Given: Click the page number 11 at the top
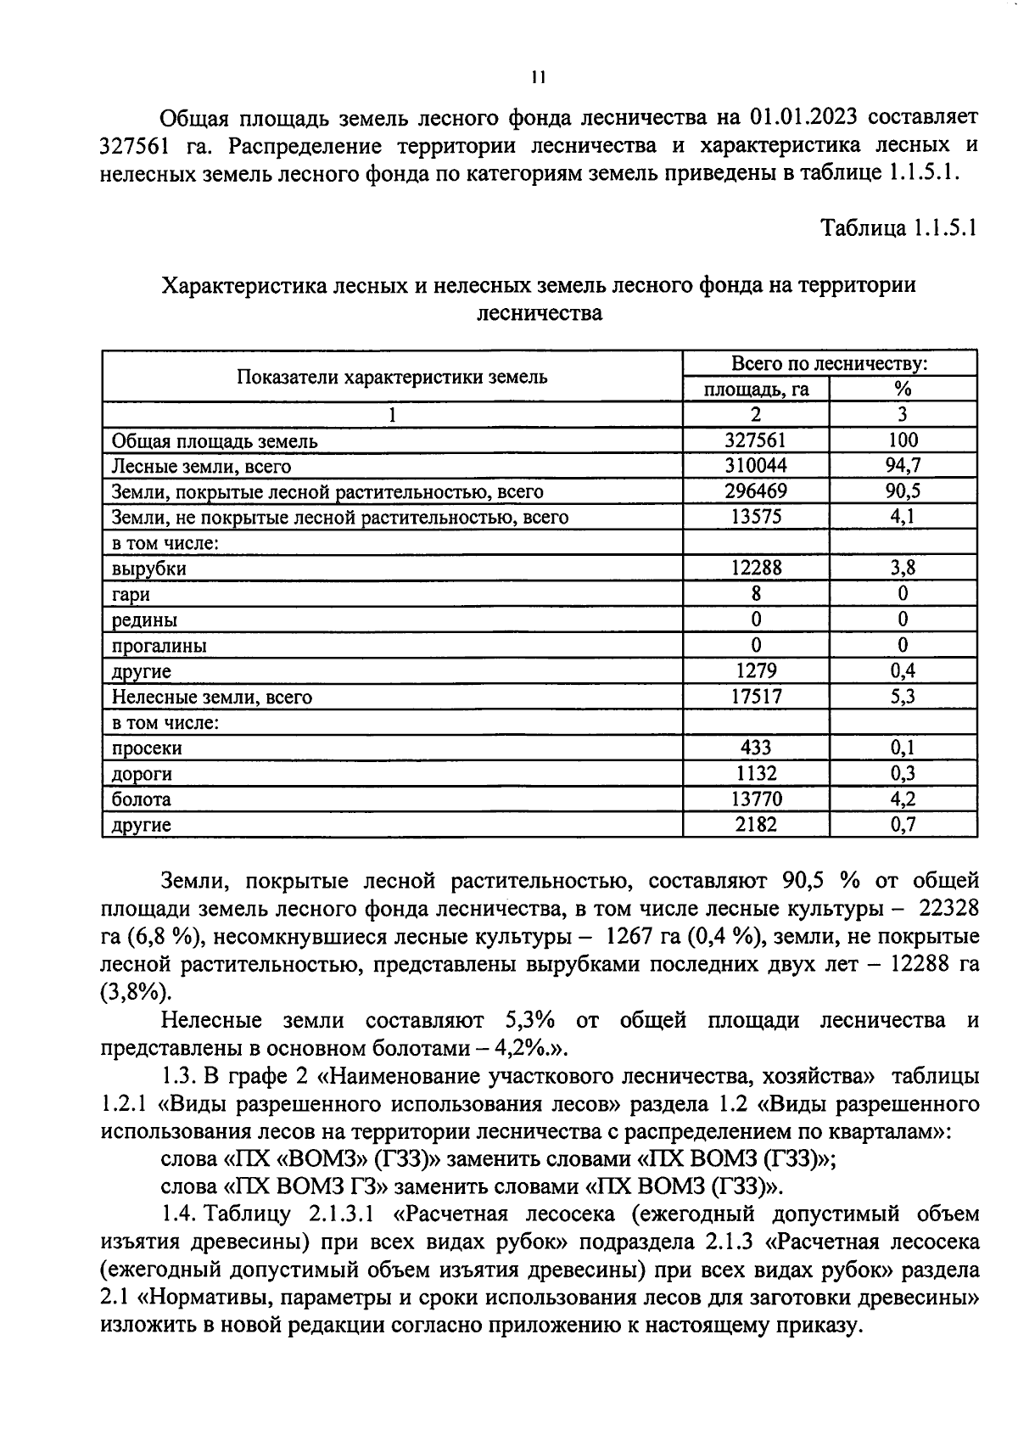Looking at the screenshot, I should tap(538, 77).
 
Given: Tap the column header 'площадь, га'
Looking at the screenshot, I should tap(756, 389).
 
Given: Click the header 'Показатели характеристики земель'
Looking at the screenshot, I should tap(392, 377).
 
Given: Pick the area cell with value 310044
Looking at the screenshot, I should tap(756, 466).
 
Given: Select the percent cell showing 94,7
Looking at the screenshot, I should tap(903, 466).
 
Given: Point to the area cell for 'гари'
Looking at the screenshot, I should tap(756, 594).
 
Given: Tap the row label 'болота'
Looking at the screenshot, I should tap(142, 799).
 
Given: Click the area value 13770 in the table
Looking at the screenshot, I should tap(756, 799).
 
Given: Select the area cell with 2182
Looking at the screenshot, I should tap(756, 825).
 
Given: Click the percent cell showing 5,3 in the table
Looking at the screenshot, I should tap(903, 697).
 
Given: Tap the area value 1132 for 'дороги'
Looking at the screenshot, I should tap(756, 774).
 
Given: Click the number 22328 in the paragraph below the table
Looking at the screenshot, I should tap(943, 908).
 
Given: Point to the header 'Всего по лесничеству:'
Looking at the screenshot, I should tap(830, 364).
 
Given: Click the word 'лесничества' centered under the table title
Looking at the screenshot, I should tap(540, 313).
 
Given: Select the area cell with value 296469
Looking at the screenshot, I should tap(756, 491).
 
